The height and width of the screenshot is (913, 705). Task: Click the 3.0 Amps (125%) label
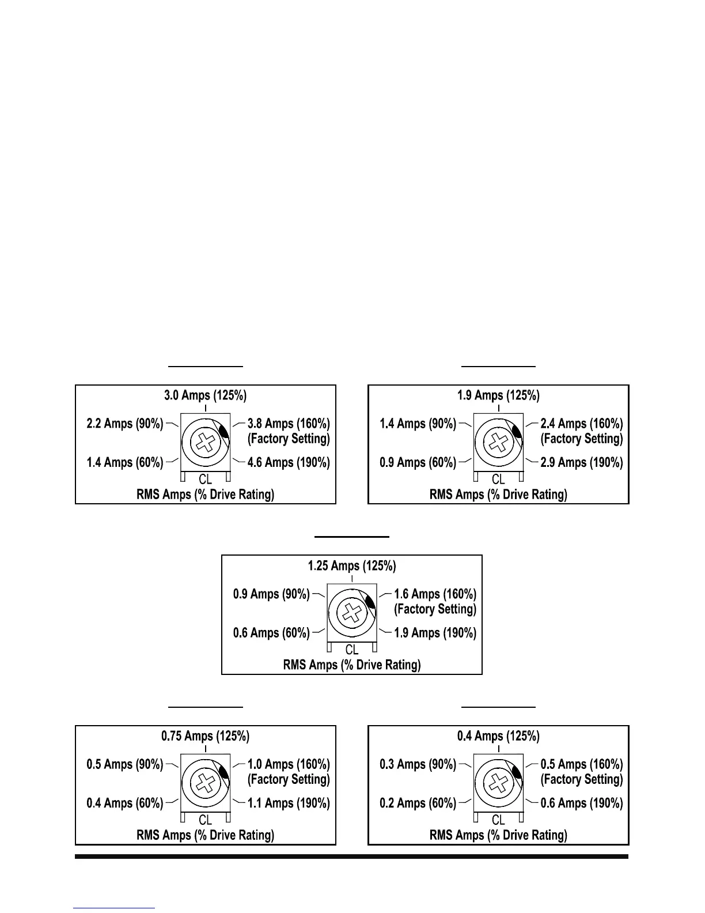[205, 395]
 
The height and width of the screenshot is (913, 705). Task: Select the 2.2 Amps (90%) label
[125, 424]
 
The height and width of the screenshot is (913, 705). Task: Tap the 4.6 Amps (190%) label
[289, 463]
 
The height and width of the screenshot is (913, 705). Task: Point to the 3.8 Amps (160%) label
[289, 424]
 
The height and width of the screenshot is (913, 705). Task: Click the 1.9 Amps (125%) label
[498, 395]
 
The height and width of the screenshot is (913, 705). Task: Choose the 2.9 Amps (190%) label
[582, 463]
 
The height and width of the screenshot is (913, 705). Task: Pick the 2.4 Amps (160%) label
[582, 424]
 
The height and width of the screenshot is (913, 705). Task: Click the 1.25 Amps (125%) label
[352, 566]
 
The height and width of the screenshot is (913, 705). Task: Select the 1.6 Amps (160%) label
[435, 594]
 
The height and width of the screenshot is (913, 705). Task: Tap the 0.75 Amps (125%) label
[205, 736]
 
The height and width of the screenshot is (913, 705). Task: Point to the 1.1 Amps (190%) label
[289, 803]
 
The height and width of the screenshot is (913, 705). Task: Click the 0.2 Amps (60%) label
[418, 803]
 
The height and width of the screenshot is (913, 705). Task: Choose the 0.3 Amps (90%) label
[418, 764]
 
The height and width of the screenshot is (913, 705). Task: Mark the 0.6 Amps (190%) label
[582, 803]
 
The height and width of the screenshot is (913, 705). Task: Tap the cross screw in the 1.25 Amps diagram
[352, 613]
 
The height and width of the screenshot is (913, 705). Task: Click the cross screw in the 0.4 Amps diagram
[498, 783]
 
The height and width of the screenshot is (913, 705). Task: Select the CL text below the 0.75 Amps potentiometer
[205, 820]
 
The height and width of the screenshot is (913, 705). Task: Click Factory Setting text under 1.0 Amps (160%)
[289, 779]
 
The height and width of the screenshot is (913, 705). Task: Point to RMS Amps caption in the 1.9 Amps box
[498, 495]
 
